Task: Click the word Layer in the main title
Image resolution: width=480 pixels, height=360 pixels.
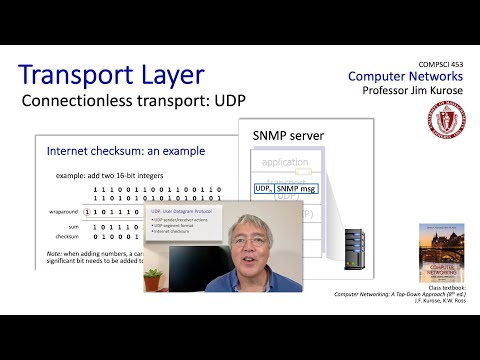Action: [x=178, y=75]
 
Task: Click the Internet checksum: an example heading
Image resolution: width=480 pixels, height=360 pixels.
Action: [x=126, y=151]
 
